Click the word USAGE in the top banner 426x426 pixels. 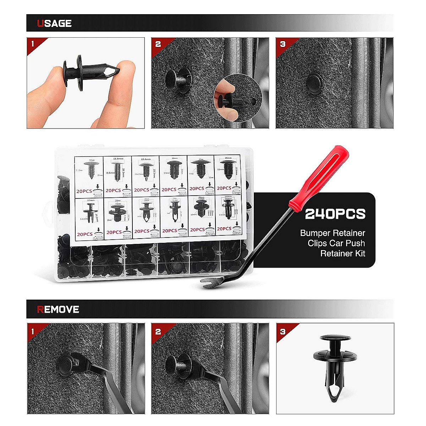click(54, 23)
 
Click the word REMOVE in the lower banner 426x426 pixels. click(58, 309)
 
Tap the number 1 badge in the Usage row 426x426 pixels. click(33, 44)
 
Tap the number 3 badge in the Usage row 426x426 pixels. click(283, 44)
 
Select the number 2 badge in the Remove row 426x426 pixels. click(158, 331)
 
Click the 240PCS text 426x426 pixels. click(335, 214)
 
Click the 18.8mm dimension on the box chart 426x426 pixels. click(118, 159)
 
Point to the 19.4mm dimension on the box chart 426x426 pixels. click(146, 159)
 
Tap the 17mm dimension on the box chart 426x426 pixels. click(91, 201)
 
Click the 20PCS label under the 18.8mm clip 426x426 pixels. click(113, 191)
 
